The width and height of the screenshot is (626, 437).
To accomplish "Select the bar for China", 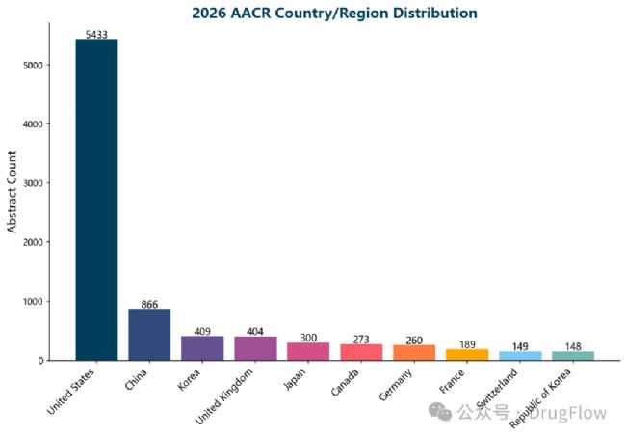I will point(149,335).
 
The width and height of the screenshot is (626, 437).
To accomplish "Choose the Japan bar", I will point(308,351).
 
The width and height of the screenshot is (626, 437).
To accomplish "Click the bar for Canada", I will point(361,352).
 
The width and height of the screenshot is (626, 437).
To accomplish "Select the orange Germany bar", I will point(414,352).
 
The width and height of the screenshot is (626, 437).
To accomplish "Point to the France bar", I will point(467,355).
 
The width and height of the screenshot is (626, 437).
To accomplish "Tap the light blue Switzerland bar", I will point(520,356).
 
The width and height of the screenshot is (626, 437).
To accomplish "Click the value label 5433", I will point(96,34).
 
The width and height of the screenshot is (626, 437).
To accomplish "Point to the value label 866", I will point(149,304).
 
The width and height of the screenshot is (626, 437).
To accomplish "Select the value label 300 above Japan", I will point(308,338).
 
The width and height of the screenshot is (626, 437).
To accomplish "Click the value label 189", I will point(467,344).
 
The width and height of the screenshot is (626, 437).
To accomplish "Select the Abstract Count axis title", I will point(13,191).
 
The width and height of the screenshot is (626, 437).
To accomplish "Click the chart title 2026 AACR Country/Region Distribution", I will point(334,13).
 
